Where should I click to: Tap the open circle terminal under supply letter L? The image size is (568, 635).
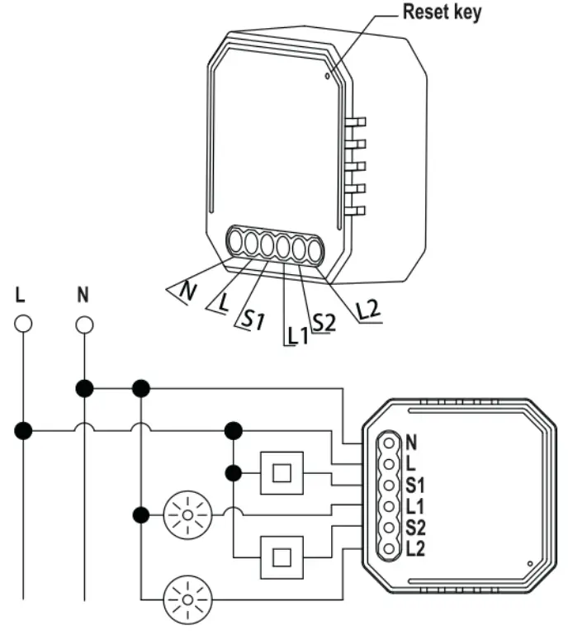[x=23, y=325]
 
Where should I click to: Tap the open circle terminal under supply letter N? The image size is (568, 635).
[x=84, y=325]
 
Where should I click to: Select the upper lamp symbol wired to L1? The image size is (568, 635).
[x=187, y=515]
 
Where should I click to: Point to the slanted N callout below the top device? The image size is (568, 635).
[x=187, y=291]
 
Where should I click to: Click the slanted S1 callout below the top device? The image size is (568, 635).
[x=253, y=318]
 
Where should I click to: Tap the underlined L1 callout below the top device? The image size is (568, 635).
[x=296, y=335]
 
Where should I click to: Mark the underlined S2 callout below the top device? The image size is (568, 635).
[x=324, y=322]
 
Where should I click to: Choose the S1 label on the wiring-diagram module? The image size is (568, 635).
[x=415, y=484]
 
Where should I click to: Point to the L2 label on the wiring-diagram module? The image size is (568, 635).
[x=415, y=547]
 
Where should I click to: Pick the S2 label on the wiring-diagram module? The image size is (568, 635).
[x=415, y=527]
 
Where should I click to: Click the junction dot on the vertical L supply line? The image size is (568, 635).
[x=23, y=430]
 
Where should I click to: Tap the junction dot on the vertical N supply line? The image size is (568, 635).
[x=84, y=386]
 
